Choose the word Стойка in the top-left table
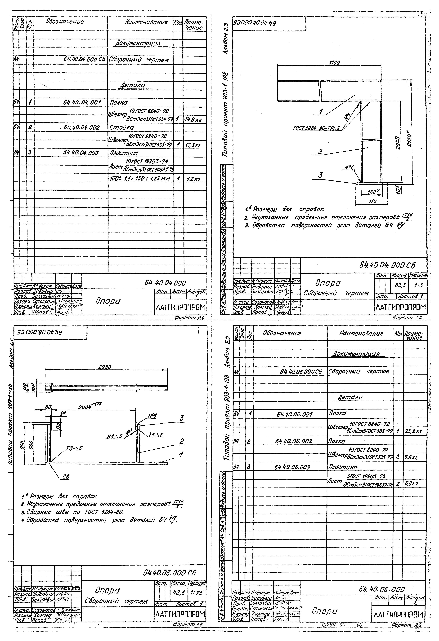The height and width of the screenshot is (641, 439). (x=122, y=128)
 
